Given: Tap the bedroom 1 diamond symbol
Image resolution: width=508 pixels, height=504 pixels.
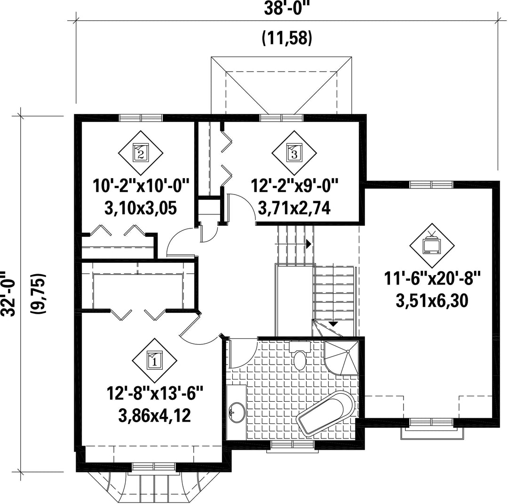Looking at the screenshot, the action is (x=155, y=360).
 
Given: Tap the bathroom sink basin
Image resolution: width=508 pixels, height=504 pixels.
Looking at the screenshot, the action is (x=237, y=413).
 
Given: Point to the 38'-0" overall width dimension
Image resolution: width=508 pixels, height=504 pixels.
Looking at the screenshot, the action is (x=285, y=9).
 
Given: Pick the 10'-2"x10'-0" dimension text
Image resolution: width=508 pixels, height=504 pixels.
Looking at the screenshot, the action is (x=141, y=186).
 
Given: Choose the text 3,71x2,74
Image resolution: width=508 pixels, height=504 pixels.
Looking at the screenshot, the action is (x=294, y=208).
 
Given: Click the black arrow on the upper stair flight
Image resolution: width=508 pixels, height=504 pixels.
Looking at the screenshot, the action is (x=309, y=243).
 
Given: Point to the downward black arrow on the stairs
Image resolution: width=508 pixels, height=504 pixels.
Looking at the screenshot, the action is (x=333, y=324).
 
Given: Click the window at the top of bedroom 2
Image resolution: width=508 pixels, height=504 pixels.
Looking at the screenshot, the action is (x=140, y=117).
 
